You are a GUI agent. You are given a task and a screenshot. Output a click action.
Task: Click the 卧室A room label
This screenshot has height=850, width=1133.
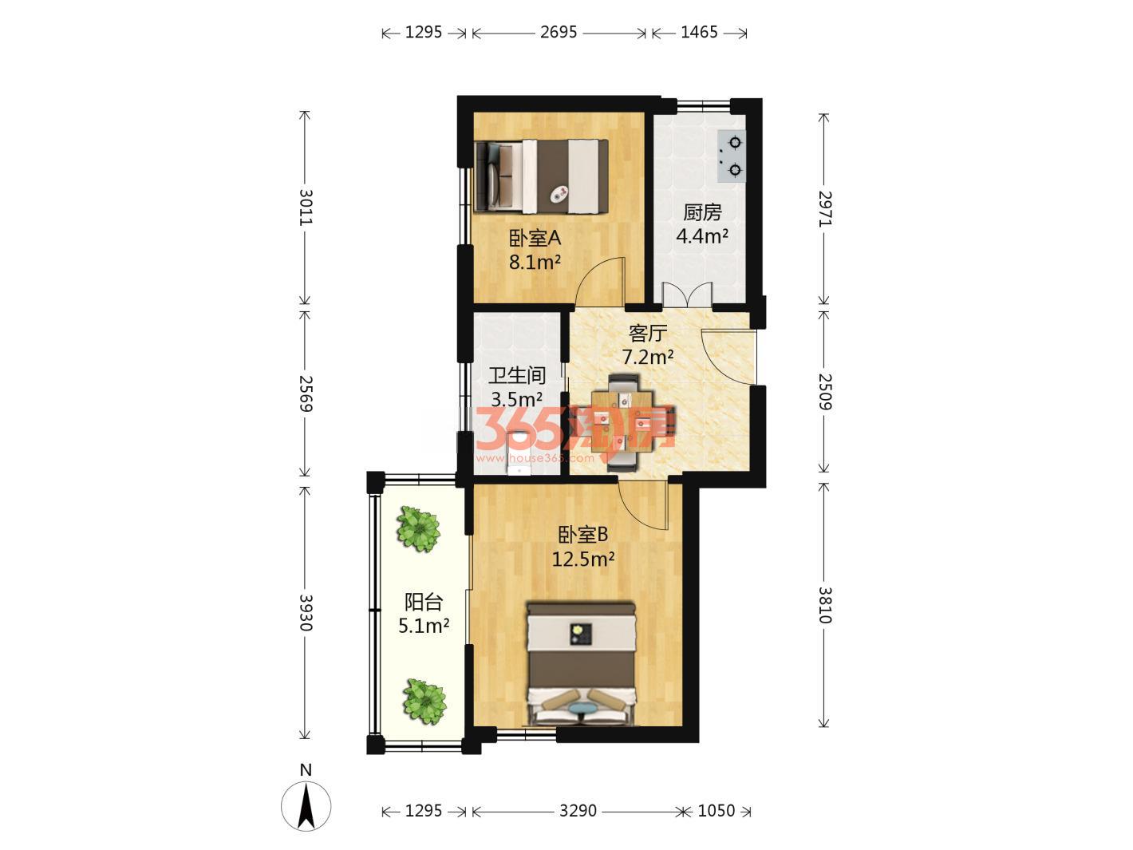click(x=535, y=239)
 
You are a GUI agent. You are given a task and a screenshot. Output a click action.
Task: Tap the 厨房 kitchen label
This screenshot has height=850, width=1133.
click(x=702, y=212)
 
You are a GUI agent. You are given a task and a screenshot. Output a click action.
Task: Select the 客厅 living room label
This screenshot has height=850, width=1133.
click(x=647, y=334)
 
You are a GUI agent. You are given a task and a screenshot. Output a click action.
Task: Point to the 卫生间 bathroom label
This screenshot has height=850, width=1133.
click(x=517, y=375)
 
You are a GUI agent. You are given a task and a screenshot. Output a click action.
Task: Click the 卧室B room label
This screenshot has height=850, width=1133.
click(x=582, y=535)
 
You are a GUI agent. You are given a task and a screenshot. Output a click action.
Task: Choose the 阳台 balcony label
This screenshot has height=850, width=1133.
click(x=423, y=602)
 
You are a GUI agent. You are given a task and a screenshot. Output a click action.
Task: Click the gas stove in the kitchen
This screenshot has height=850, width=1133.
click(x=732, y=156)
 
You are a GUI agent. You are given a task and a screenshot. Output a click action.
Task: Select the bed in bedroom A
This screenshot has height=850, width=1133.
click(x=542, y=176)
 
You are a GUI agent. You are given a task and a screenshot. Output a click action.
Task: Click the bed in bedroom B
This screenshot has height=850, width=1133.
click(x=581, y=663)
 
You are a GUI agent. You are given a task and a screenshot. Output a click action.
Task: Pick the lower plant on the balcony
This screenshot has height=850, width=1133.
click(x=424, y=702)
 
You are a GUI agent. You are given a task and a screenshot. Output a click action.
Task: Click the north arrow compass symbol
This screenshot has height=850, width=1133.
click(x=306, y=805)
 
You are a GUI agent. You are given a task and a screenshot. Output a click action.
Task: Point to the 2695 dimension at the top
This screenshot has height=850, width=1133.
click(x=559, y=33)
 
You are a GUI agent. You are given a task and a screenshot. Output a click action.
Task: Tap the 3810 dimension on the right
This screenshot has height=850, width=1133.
click(x=825, y=605)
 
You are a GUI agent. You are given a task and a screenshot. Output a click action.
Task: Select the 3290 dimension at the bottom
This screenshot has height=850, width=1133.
click(x=578, y=811)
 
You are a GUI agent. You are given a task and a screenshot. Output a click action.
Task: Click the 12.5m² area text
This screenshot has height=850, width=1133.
click(x=583, y=559)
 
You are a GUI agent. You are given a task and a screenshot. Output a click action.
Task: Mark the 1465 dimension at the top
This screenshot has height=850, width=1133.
click(x=700, y=33)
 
